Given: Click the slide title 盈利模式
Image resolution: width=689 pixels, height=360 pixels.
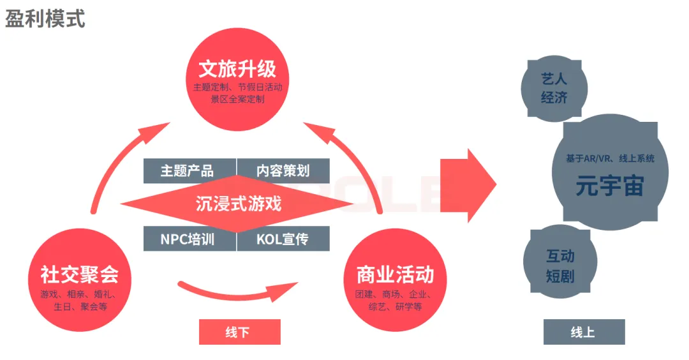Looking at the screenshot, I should pos(45,19).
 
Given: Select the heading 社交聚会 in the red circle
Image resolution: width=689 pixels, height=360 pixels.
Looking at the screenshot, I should pos(80,275).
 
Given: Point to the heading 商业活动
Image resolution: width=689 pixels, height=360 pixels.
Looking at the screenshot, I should pos(396,275).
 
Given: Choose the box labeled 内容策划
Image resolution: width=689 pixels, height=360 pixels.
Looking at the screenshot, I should pos(283,171).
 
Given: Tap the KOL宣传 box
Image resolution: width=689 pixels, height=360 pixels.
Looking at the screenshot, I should pos(283,239).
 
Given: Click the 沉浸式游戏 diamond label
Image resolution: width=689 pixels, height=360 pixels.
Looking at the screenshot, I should pos(238,204).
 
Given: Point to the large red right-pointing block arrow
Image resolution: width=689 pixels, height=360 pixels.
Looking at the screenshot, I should pos(468,186).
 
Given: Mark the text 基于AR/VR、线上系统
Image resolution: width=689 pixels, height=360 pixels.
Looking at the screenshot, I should pos(609,158).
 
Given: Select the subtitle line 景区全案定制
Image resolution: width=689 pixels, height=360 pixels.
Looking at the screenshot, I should pos(237,99).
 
